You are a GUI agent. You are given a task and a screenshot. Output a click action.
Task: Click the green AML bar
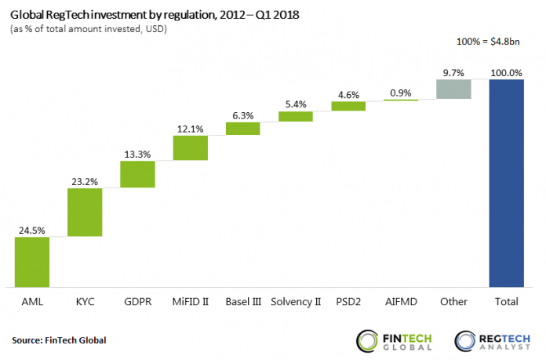(x=32, y=261)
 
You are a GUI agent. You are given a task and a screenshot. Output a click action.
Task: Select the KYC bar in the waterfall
(x=85, y=212)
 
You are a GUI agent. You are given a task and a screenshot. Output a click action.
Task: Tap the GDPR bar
(x=137, y=174)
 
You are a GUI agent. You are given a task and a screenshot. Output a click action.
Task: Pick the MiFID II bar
(x=190, y=148)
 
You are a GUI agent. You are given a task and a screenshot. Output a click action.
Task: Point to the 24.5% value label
(x=32, y=230)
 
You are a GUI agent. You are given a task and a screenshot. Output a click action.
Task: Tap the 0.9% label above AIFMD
(x=401, y=93)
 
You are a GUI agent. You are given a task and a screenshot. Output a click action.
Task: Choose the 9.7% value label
(x=453, y=72)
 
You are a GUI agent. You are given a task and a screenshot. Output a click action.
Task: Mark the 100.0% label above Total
(x=506, y=72)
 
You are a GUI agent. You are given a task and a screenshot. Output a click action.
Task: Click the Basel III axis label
(x=242, y=302)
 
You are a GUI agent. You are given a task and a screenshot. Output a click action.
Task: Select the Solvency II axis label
(x=295, y=302)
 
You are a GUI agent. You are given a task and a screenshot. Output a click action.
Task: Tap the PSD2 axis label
(x=348, y=302)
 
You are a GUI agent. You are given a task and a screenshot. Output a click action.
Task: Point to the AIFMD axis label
(x=401, y=302)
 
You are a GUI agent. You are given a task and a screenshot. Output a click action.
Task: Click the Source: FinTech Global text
(x=59, y=340)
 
